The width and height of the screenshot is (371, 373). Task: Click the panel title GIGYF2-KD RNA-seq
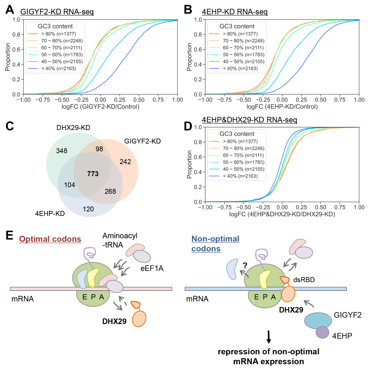pos(57,12)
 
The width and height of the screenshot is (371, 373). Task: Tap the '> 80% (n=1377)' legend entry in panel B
pos(234,34)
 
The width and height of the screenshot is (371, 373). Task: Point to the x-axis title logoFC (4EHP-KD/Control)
pos(282,107)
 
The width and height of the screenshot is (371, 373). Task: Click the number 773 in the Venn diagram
pos(93,174)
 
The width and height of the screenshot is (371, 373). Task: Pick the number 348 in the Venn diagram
pos(62,151)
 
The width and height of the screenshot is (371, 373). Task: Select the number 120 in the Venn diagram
pos(88,209)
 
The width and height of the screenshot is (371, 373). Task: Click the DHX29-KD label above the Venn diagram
pos(73,128)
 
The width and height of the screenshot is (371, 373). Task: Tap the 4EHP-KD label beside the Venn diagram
pos(50,214)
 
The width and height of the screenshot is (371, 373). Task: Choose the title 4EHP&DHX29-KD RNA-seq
pos(249,120)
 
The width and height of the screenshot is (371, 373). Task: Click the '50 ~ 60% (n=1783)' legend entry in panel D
pos(237,162)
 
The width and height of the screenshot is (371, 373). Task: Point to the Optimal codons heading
pos(50,239)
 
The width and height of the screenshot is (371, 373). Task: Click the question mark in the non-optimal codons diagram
pos(245,266)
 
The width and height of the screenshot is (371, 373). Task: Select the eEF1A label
pos(152,268)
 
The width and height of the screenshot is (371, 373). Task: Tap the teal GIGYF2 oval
pos(318,321)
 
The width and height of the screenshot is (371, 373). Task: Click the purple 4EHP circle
pos(322,332)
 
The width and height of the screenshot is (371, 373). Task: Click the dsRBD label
pos(304,280)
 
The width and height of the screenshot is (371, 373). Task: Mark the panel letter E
pos(9,235)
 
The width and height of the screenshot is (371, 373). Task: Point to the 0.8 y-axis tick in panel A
pos(16,35)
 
